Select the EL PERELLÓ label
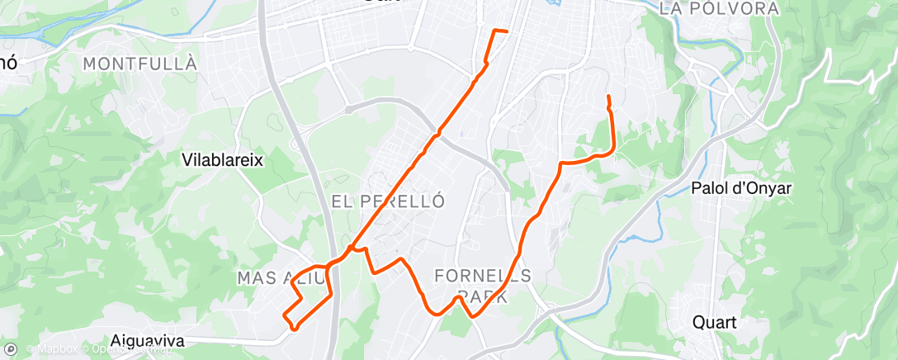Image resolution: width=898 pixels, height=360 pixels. click(388, 201)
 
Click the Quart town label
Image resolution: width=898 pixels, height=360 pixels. click(715, 322)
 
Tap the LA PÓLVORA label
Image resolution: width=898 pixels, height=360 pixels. click(720, 8)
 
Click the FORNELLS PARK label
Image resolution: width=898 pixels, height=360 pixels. click(484, 285)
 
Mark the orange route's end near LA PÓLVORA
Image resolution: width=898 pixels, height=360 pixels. click(608, 97)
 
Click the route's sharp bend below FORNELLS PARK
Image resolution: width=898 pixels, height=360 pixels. click(471, 315)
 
